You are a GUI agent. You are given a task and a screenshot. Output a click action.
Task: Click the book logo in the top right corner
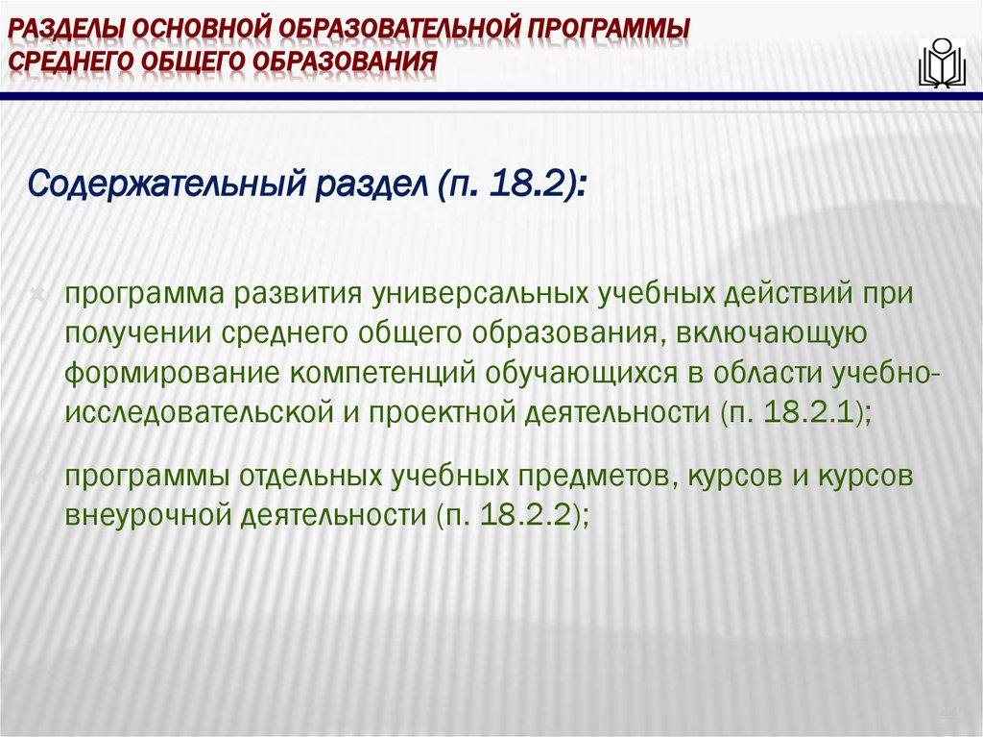click(941, 62)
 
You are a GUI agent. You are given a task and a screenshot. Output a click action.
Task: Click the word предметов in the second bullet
click(595, 476)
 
